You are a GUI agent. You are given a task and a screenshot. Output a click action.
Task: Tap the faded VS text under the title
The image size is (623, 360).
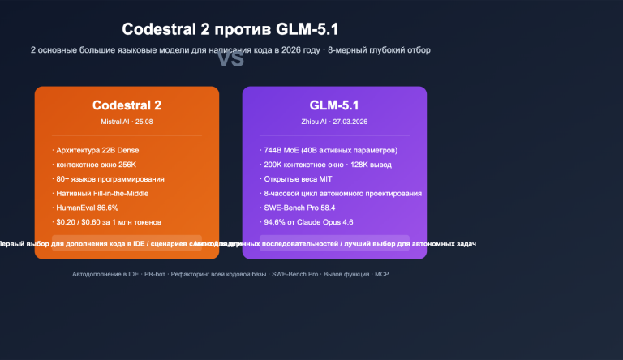(231, 59)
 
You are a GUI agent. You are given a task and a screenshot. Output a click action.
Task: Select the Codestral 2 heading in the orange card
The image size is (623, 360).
(127, 105)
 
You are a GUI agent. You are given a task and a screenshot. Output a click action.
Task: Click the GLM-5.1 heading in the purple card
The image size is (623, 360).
(334, 105)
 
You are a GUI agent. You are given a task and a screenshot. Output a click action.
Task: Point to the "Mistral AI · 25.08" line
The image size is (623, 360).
(127, 122)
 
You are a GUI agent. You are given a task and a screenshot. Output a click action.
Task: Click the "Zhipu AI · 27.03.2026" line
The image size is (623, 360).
(334, 122)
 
